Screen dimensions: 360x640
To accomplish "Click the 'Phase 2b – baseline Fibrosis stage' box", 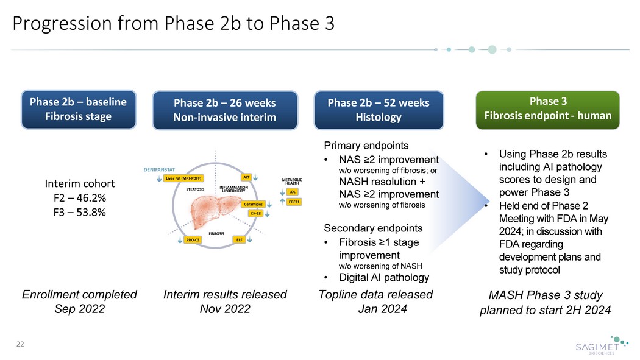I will [x=79, y=110].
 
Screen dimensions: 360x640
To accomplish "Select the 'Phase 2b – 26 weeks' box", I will [x=225, y=110].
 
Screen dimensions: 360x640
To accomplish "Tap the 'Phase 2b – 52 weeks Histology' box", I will [x=378, y=110].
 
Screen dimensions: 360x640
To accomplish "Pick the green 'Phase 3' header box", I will [x=547, y=109].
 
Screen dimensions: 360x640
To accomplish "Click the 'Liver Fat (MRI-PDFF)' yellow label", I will [x=183, y=178].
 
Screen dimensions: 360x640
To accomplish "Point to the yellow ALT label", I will [x=247, y=177].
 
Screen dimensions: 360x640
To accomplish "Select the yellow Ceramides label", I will [x=255, y=204].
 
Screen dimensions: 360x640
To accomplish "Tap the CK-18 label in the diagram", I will [x=255, y=213].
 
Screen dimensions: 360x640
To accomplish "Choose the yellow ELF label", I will [x=240, y=240].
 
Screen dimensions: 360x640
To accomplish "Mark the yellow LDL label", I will [x=292, y=192].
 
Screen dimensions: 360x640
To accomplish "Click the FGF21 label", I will [x=294, y=201].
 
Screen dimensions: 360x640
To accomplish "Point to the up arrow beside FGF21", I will [x=282, y=202].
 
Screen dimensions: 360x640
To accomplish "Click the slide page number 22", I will [x=20, y=345].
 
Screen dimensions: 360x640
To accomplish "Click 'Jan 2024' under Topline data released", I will [x=382, y=309].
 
